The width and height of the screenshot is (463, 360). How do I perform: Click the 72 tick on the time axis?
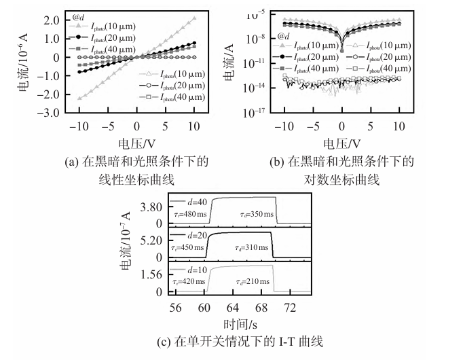coord(288,307)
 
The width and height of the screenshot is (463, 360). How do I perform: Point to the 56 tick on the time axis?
coord(176,307)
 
